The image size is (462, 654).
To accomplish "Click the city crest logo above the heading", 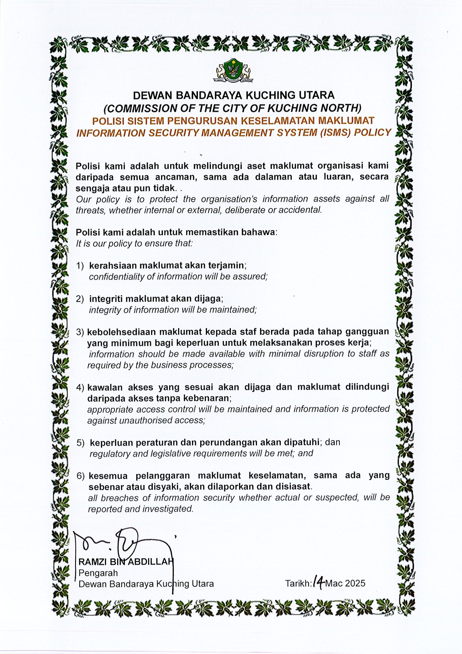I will [x=231, y=70].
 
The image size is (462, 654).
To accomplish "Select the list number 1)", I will [x=80, y=266].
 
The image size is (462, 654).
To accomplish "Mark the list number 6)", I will [x=81, y=476].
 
